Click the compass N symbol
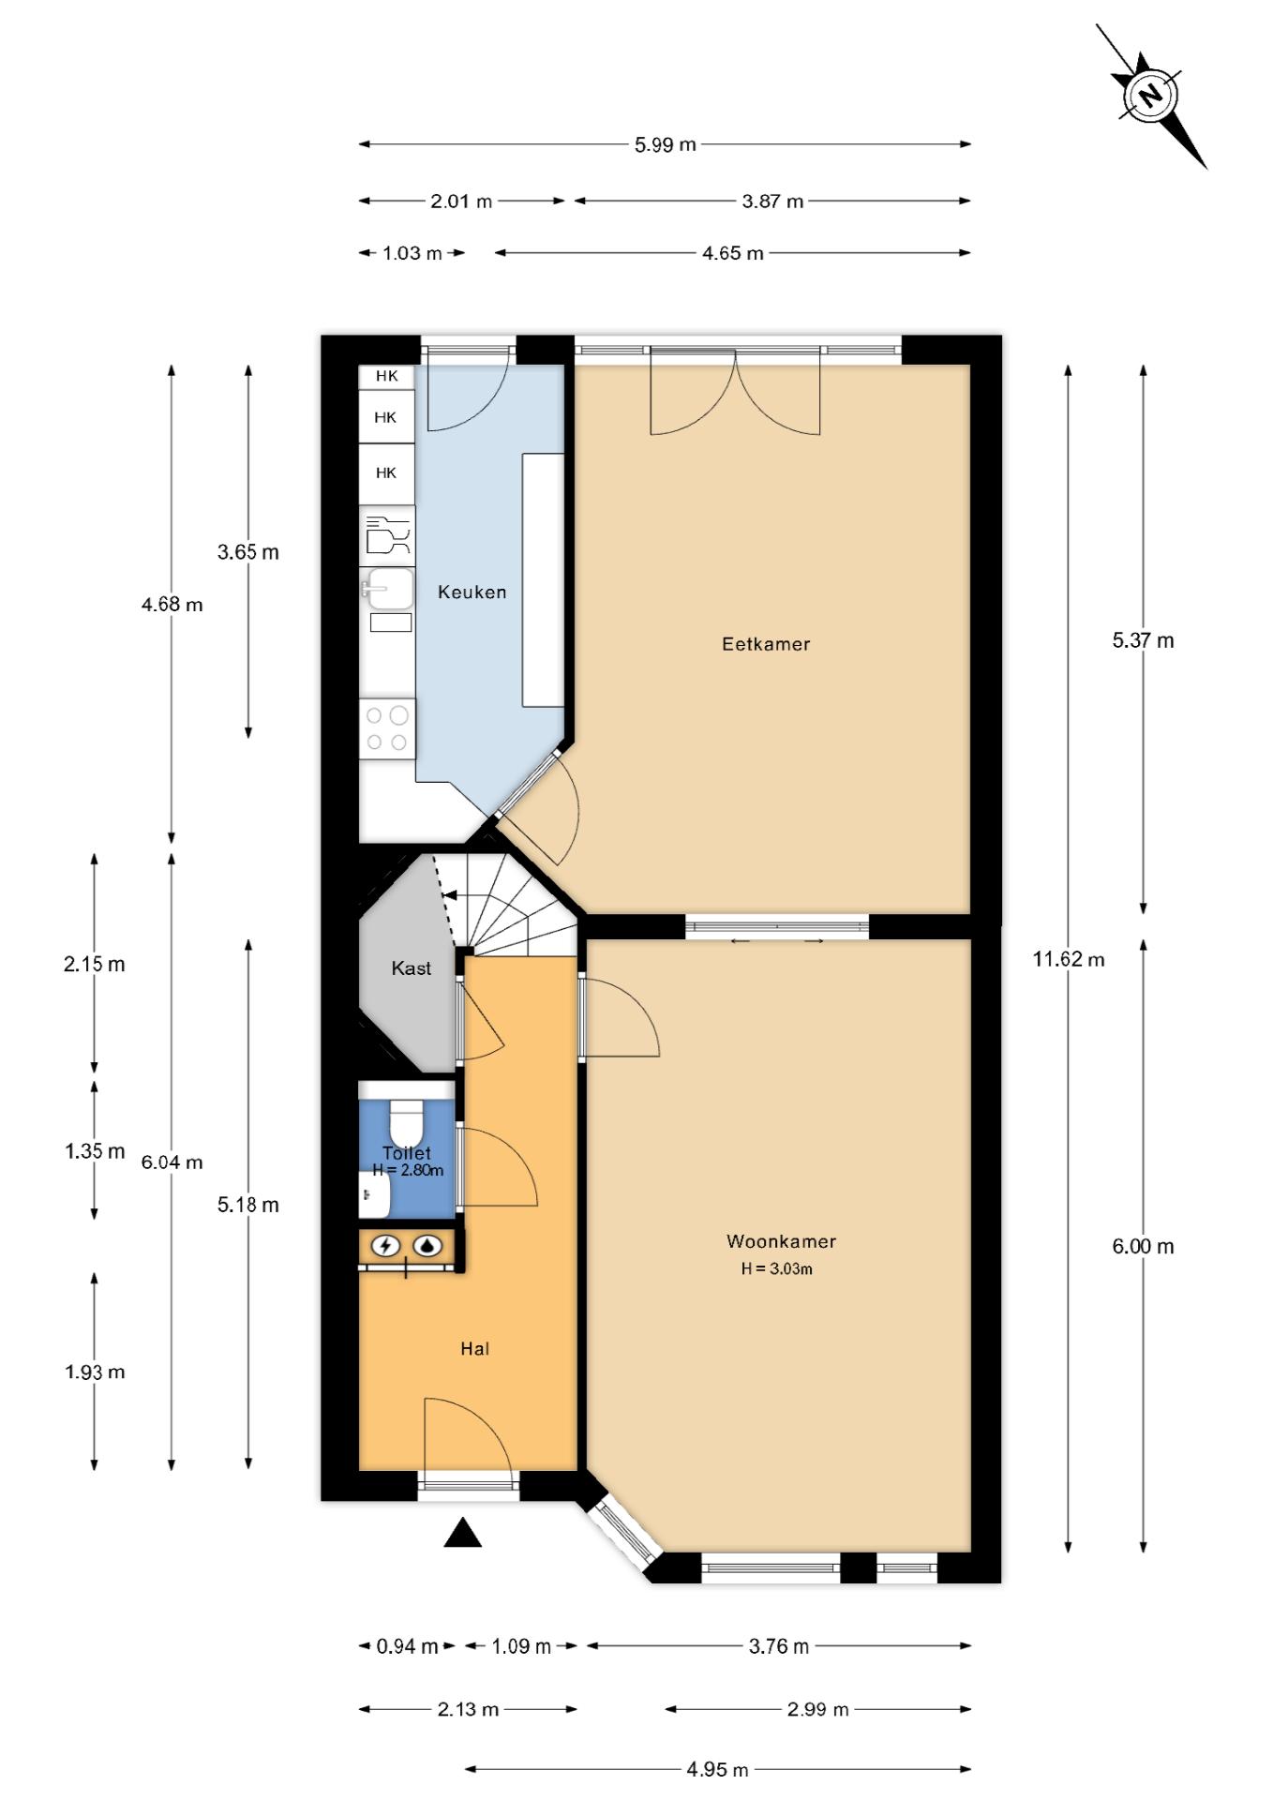(x=1149, y=95)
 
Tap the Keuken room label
(x=472, y=592)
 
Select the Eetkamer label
(x=766, y=644)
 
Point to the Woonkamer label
(x=781, y=1241)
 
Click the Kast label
(x=412, y=968)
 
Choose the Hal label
(x=475, y=1349)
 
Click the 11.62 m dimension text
(x=1069, y=959)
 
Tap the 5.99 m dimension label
(x=666, y=144)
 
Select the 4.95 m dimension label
(x=717, y=1769)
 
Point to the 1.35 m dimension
(x=95, y=1150)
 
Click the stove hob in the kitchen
(x=387, y=728)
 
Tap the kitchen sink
(x=387, y=589)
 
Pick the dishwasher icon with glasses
(x=387, y=535)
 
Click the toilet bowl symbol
(x=407, y=1119)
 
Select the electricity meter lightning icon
(x=385, y=1246)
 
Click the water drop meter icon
(x=428, y=1246)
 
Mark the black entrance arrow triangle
(x=462, y=1533)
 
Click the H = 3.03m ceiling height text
(x=777, y=1269)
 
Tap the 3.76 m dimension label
(x=779, y=1646)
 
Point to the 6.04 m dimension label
(x=172, y=1162)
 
